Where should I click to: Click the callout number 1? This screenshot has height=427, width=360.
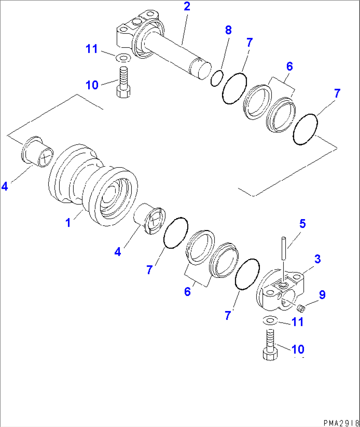(68, 223)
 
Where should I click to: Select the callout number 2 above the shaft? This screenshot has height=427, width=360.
(187, 6)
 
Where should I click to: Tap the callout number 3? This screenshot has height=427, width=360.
(317, 259)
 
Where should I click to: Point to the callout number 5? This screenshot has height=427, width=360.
(302, 224)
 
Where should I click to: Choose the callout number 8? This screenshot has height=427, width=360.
(228, 30)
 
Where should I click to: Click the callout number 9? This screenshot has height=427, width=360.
(322, 294)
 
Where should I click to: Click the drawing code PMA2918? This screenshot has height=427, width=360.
(341, 423)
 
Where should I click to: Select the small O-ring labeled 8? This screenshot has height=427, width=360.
(217, 79)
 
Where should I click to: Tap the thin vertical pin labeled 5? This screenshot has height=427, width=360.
(283, 248)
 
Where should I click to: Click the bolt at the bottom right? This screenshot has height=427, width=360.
(270, 345)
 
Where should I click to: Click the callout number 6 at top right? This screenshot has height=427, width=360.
(289, 66)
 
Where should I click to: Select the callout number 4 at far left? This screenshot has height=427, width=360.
(5, 186)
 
